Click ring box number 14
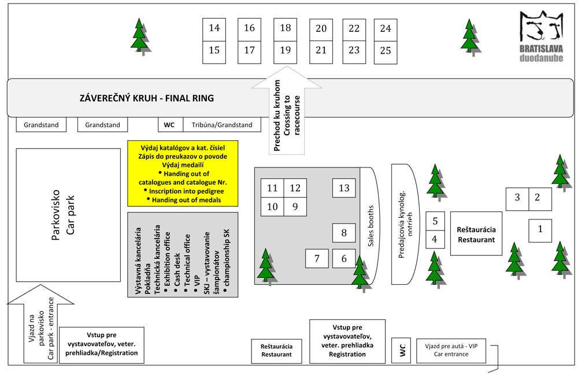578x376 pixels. tap(214, 28)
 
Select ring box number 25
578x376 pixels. tap(386, 51)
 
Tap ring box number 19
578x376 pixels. tap(286, 51)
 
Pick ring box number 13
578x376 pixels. tap(344, 188)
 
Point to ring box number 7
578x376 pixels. tap(317, 258)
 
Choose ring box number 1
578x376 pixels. tap(540, 229)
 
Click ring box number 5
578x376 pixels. tap(435, 221)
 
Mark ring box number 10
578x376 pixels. tap(272, 206)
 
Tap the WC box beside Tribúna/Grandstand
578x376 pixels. tap(169, 125)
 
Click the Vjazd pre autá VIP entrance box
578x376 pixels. tap(452, 349)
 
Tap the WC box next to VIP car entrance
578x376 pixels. tap(402, 350)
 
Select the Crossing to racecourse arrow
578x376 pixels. tap(287, 116)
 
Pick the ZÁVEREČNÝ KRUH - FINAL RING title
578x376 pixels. tap(147, 98)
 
